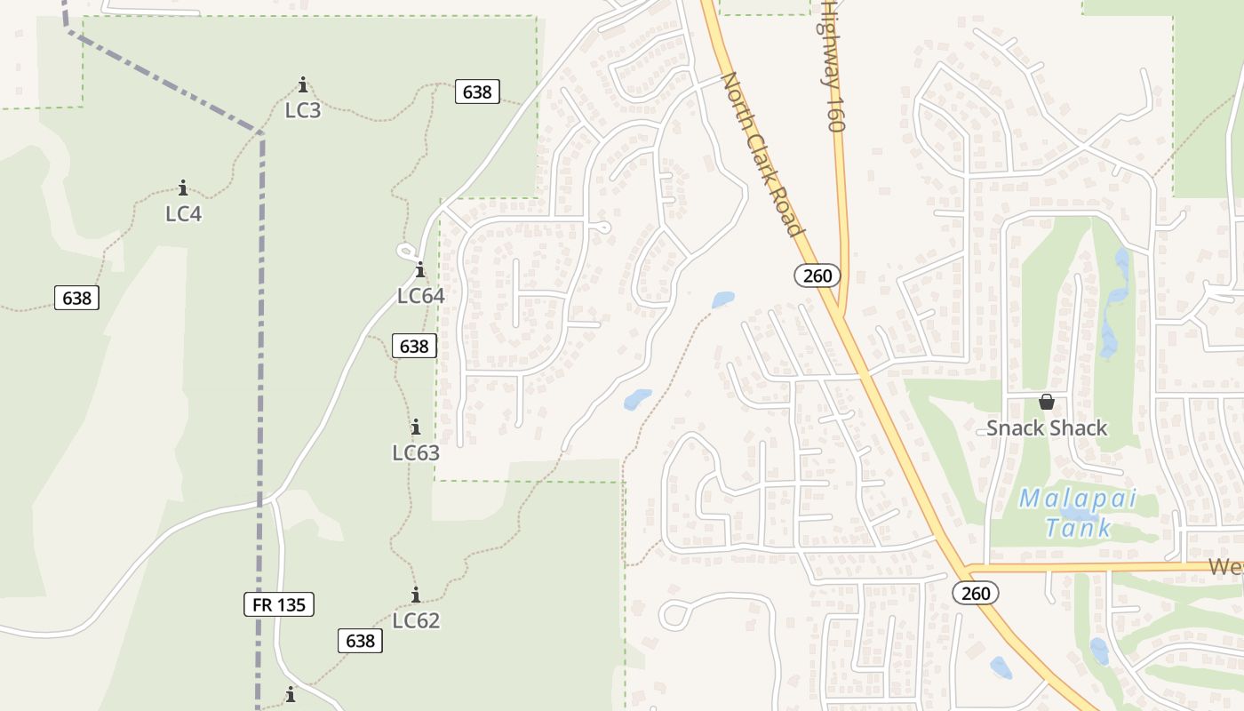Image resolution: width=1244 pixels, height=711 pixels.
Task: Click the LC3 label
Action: (x=303, y=111)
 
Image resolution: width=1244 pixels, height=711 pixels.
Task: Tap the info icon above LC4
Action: (x=183, y=188)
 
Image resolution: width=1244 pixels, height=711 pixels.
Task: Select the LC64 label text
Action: (x=420, y=296)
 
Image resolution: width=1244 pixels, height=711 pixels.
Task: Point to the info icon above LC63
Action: (x=415, y=427)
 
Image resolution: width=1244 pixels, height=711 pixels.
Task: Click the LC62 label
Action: (x=416, y=620)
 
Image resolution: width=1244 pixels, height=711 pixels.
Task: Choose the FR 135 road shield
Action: (x=279, y=605)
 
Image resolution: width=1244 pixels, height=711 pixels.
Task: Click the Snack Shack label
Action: (x=1047, y=428)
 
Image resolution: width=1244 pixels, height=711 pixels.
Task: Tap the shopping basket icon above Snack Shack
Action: (x=1047, y=402)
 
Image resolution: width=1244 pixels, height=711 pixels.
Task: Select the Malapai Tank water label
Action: (x=1078, y=513)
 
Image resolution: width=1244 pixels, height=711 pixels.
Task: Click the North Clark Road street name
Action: (x=762, y=155)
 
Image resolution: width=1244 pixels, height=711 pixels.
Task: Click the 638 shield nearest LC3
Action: (x=477, y=92)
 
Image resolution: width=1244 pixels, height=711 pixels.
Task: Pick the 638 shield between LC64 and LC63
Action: (x=414, y=347)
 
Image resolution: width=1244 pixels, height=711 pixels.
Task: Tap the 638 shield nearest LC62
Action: (x=360, y=641)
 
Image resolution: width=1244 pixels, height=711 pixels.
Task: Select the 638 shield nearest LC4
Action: (x=76, y=298)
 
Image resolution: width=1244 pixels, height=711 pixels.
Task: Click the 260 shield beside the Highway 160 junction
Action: (x=817, y=276)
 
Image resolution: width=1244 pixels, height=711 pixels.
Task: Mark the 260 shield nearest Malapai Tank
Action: (x=976, y=593)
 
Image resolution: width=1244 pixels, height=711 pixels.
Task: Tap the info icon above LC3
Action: (x=303, y=85)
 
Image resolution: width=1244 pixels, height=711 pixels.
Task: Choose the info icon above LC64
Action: (x=419, y=270)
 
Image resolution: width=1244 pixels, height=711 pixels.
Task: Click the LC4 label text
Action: (x=183, y=214)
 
